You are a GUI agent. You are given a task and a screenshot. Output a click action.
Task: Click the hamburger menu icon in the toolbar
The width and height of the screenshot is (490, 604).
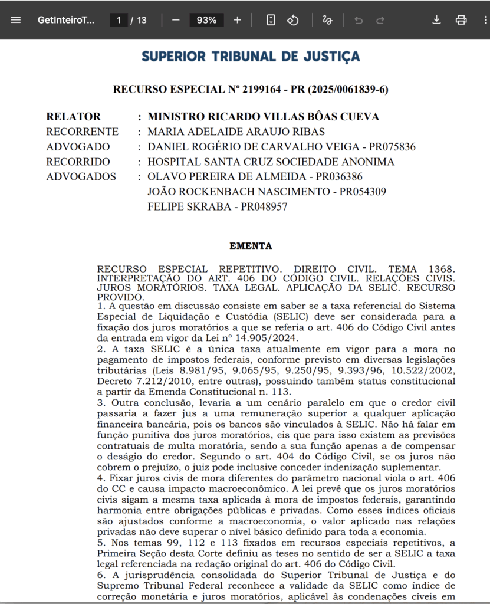tap(16, 20)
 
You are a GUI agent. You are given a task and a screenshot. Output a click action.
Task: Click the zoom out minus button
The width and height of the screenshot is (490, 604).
tap(176, 20)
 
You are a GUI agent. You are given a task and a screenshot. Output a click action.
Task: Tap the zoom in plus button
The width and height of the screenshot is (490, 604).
tap(238, 20)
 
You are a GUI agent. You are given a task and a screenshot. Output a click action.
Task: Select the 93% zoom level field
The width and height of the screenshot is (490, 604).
tap(206, 20)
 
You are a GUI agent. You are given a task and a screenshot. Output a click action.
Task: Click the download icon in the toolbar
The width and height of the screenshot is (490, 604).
tap(436, 20)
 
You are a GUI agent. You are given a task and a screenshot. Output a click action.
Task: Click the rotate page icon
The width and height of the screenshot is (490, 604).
tap(293, 20)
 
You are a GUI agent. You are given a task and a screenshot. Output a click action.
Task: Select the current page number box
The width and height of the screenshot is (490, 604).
tap(119, 20)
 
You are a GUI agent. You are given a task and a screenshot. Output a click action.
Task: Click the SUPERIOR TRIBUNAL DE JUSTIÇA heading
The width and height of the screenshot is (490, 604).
tap(251, 57)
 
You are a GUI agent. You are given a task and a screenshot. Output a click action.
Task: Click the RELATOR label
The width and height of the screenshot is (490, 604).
tap(74, 117)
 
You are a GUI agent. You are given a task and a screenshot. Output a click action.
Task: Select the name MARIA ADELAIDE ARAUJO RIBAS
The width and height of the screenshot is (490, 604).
tap(236, 132)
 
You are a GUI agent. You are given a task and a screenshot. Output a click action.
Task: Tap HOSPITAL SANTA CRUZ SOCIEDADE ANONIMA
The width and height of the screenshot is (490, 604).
tap(271, 162)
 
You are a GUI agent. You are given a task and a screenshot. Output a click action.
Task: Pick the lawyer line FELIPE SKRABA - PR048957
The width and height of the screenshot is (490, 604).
tap(217, 207)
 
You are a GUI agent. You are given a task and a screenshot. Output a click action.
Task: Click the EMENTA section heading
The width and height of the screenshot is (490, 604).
tap(251, 246)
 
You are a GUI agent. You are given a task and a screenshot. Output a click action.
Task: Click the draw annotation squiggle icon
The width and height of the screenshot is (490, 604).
tap(327, 20)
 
